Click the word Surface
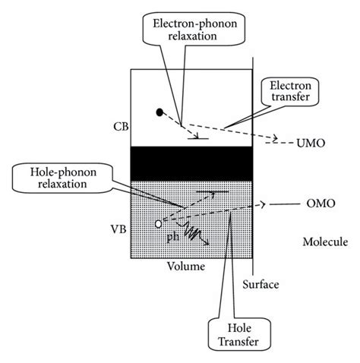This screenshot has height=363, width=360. pyautogui.click(x=260, y=285)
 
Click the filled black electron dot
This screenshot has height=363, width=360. pyautogui.click(x=159, y=113)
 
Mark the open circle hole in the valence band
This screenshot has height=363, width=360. pyautogui.click(x=158, y=224)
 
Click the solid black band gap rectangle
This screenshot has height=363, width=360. pyautogui.click(x=191, y=163)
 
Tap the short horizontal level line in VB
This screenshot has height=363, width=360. pyautogui.click(x=208, y=193)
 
